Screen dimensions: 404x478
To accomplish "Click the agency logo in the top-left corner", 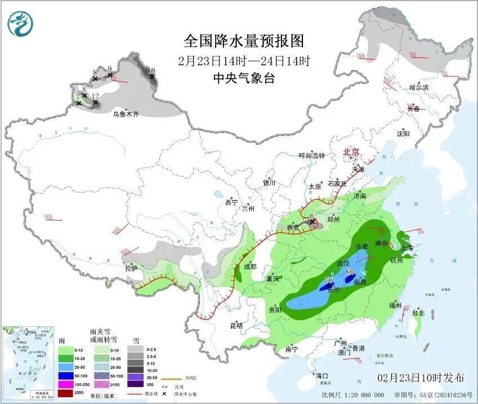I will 20,24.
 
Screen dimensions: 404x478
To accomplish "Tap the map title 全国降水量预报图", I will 244,41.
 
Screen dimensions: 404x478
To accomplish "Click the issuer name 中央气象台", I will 244,78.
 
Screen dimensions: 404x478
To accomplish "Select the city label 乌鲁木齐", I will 125,114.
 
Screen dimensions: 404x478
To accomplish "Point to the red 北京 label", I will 351,152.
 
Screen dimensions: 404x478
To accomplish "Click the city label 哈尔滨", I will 419,88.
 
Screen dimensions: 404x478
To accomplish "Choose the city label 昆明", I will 236,325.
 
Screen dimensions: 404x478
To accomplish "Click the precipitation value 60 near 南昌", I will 350,272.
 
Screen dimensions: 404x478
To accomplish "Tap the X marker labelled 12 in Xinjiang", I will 96,102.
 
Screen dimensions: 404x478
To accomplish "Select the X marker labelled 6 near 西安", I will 312,222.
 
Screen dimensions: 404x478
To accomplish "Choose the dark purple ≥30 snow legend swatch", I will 135,384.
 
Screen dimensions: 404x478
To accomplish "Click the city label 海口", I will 321,375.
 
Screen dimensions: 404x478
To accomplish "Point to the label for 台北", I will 418,312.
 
